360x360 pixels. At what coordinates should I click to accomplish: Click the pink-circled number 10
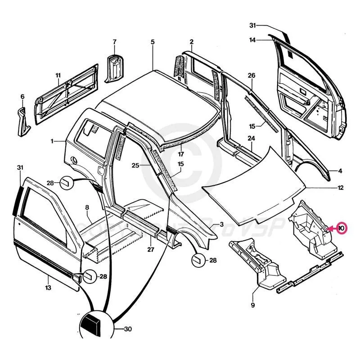tap(341, 228)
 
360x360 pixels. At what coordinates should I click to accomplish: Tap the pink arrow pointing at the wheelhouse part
tap(331, 228)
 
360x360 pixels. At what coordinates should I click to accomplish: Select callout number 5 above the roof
tap(153, 42)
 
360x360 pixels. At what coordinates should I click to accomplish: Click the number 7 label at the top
tap(114, 42)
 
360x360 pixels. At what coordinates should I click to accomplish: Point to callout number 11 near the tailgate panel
tap(58, 75)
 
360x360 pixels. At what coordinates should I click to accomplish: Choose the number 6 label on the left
tap(22, 97)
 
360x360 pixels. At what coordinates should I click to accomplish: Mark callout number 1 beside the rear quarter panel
tap(52, 141)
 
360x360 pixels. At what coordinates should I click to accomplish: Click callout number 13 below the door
tap(48, 287)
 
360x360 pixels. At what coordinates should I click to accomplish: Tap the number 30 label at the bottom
tap(127, 329)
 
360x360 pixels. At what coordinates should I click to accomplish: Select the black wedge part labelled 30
tap(92, 323)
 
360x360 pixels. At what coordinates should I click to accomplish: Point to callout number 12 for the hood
tap(341, 187)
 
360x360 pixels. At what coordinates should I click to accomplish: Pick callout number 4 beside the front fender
tap(341, 171)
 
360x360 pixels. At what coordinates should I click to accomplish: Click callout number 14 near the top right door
tap(253, 40)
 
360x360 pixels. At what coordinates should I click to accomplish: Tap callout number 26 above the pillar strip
tap(252, 75)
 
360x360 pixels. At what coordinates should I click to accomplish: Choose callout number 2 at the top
tap(191, 42)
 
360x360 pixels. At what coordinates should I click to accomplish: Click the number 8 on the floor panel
tap(87, 207)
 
